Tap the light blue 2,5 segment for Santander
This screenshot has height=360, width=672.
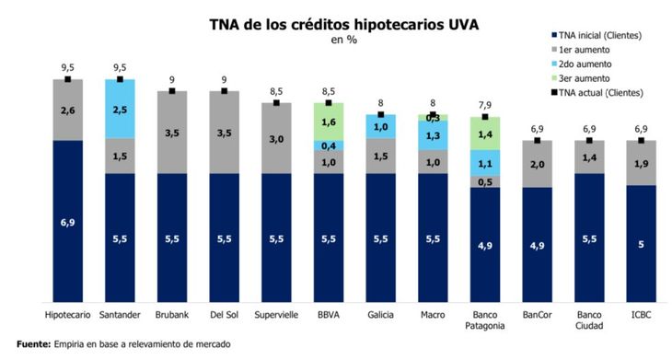pyautogui.click(x=120, y=109)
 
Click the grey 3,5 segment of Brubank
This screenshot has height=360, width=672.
pyautogui.click(x=172, y=133)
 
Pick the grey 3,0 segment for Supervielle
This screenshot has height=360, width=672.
pyautogui.click(x=276, y=138)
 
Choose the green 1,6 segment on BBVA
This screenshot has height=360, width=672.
pyautogui.click(x=329, y=122)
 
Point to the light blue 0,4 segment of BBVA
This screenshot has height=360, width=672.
pyautogui.click(x=329, y=145)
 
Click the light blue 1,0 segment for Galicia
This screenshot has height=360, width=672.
pyautogui.click(x=381, y=126)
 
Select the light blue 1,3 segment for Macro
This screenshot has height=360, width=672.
pyautogui.click(x=433, y=135)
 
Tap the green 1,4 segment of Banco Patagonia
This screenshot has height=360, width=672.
pyautogui.click(x=485, y=134)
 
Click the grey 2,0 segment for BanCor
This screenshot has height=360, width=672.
pyautogui.click(x=538, y=164)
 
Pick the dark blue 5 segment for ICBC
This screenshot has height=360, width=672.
pyautogui.click(x=642, y=244)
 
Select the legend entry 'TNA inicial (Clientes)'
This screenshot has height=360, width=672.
pyautogui.click(x=603, y=35)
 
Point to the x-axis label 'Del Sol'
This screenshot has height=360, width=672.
pyautogui.click(x=224, y=314)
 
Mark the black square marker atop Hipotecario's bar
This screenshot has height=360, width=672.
pyautogui.click(x=68, y=79)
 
